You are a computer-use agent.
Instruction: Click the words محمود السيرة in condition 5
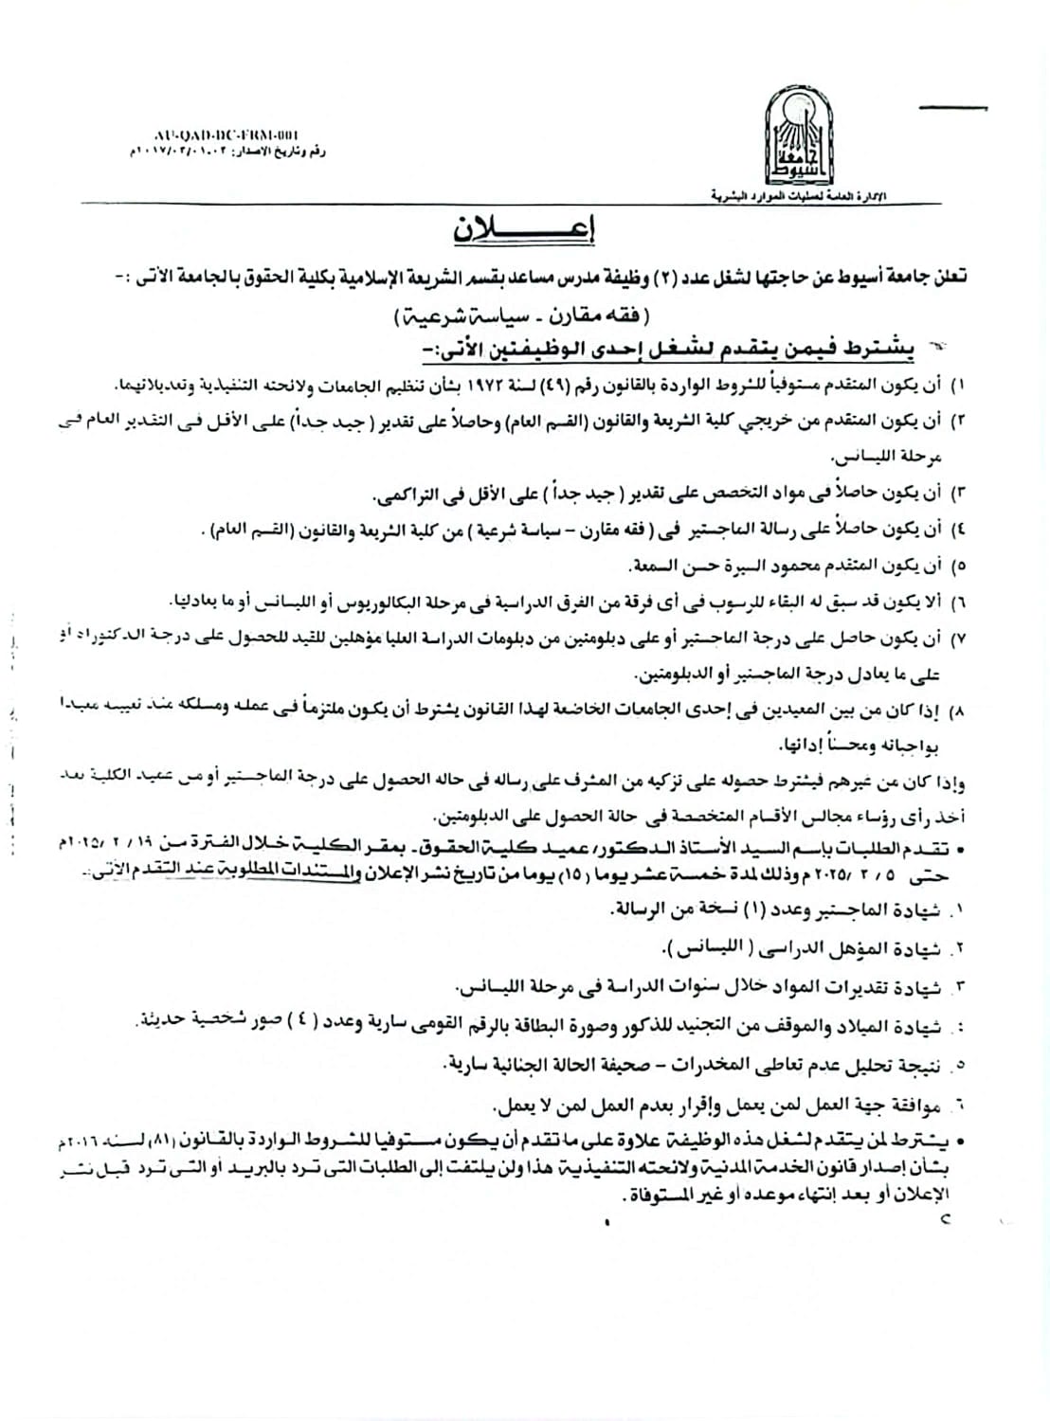pyautogui.click(x=777, y=567)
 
